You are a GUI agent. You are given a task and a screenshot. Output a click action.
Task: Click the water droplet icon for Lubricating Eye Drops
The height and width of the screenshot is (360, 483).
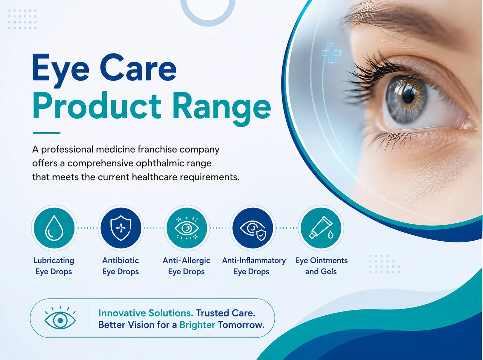[x=54, y=228]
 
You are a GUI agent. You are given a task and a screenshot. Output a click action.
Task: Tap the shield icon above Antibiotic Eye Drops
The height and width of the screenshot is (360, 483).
[x=121, y=228]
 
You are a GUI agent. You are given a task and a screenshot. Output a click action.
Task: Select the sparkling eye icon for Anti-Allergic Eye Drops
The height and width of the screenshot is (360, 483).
[x=187, y=228]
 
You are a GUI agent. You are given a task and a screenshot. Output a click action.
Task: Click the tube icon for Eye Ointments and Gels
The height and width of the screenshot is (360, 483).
[x=321, y=227]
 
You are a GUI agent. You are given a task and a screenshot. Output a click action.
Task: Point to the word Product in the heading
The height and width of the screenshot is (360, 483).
[x=97, y=106]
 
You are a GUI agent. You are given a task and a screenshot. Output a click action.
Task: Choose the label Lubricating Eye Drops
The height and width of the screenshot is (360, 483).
[x=54, y=266]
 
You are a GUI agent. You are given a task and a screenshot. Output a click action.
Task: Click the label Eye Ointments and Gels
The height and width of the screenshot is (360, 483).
[x=321, y=266]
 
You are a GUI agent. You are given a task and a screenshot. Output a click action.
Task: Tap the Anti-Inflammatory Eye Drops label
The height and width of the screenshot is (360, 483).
[x=254, y=266]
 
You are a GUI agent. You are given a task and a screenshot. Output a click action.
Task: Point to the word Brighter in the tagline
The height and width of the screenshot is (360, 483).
[x=197, y=325]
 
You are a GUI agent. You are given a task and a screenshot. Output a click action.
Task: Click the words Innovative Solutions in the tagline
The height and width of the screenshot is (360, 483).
[x=146, y=313]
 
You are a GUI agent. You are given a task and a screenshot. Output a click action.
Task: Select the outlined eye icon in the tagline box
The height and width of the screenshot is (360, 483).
[x=60, y=318]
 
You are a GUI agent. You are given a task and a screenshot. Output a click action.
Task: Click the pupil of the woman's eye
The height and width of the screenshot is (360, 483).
[x=409, y=96]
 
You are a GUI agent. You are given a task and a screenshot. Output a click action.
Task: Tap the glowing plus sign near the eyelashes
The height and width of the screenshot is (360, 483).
[x=331, y=53]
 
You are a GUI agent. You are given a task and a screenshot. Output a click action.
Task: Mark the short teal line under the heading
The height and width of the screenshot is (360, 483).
[x=47, y=133]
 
